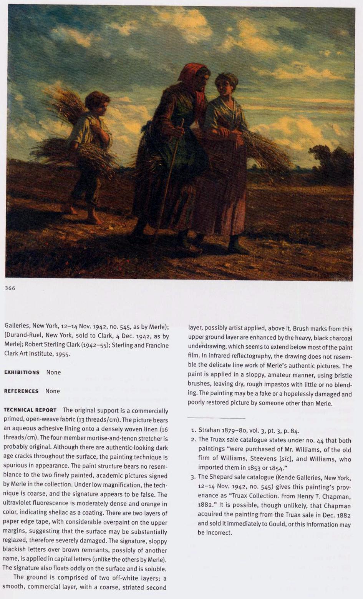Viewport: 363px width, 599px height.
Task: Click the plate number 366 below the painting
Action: pos(10,288)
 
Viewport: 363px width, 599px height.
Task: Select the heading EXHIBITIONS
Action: pos(22,372)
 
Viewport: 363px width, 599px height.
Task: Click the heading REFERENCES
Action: pos(21,391)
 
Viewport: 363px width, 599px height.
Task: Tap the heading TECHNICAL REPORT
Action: pos(30,410)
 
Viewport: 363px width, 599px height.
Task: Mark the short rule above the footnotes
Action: pos(216,418)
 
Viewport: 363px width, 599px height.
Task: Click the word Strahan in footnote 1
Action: pos(209,431)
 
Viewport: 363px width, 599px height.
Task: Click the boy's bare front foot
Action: pos(94,221)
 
